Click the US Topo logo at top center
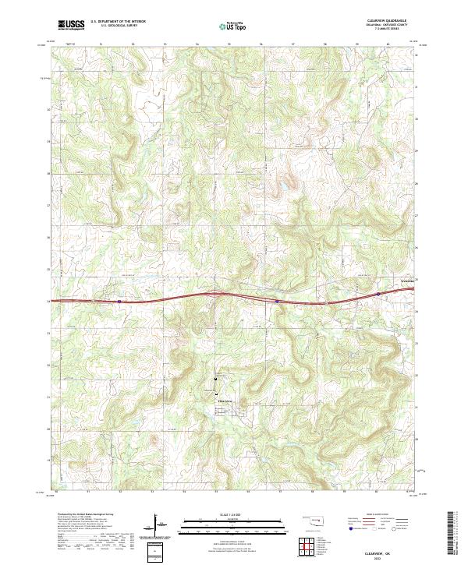click(x=234, y=26)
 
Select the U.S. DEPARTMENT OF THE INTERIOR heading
click(x=118, y=22)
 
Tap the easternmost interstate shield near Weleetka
click(x=378, y=295)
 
